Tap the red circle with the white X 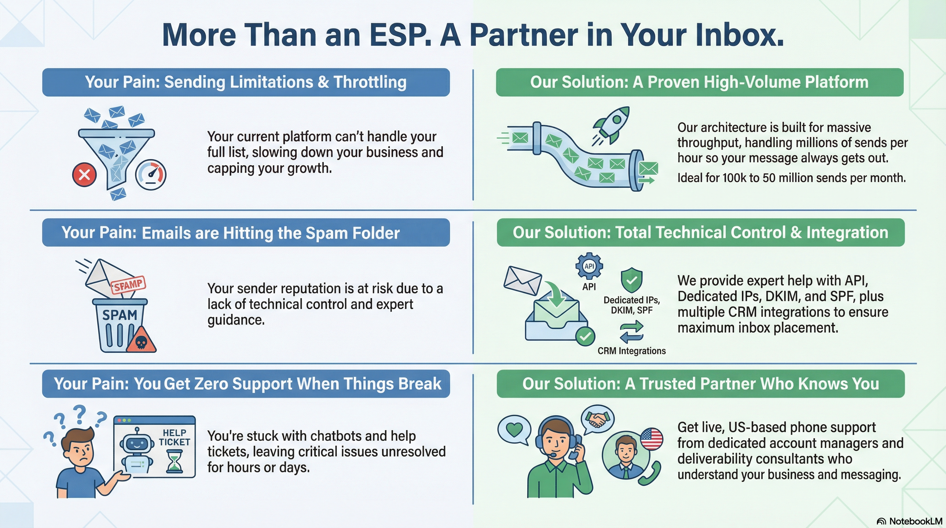point(85,174)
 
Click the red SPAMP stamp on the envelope point(128,284)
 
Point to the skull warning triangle point(141,340)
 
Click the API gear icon point(589,266)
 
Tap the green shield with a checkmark point(632,280)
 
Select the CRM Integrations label point(632,351)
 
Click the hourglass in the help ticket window point(174,461)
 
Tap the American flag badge point(651,439)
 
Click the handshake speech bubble point(597,419)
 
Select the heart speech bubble point(514,429)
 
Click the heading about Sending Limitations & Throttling point(246,82)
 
